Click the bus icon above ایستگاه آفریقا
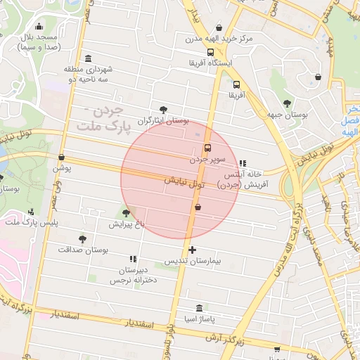pyautogui.click(x=210, y=53)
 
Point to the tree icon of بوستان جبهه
pyautogui.click(x=286, y=104)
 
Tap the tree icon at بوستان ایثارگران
pyautogui.click(x=164, y=110)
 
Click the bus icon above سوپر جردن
pyautogui.click(x=207, y=148)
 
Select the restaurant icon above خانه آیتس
pyautogui.click(x=243, y=163)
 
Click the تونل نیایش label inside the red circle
pyautogui.click(x=184, y=182)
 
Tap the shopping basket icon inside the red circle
pyautogui.click(x=198, y=207)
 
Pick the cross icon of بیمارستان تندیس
pyautogui.click(x=192, y=250)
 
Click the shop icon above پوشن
pyautogui.click(x=62, y=157)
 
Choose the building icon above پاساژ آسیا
pyautogui.click(x=200, y=308)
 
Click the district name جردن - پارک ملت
pyautogui.click(x=98, y=118)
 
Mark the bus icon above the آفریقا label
pyautogui.click(x=235, y=82)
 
